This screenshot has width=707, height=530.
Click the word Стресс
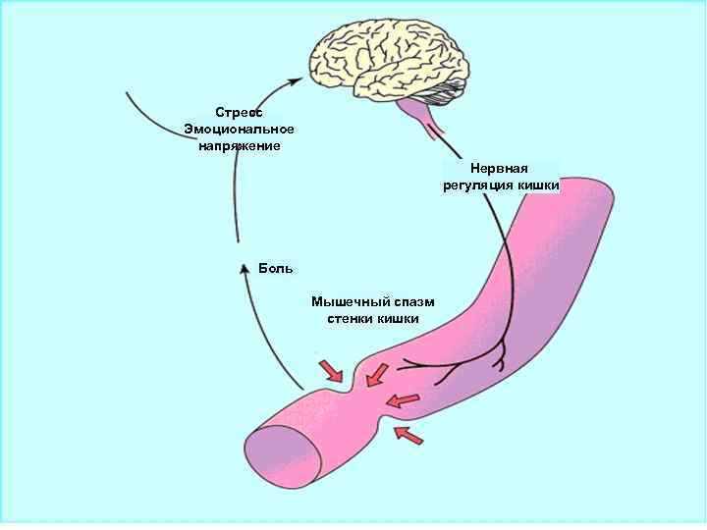tap(240, 113)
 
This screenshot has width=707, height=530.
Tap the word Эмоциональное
tap(240, 130)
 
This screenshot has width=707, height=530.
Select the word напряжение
tap(240, 146)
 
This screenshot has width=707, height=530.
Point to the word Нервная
tap(500, 169)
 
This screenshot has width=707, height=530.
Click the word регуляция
tap(480, 185)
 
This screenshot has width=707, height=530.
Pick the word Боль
tap(276, 268)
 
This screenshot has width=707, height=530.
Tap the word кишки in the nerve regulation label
tap(538, 185)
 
